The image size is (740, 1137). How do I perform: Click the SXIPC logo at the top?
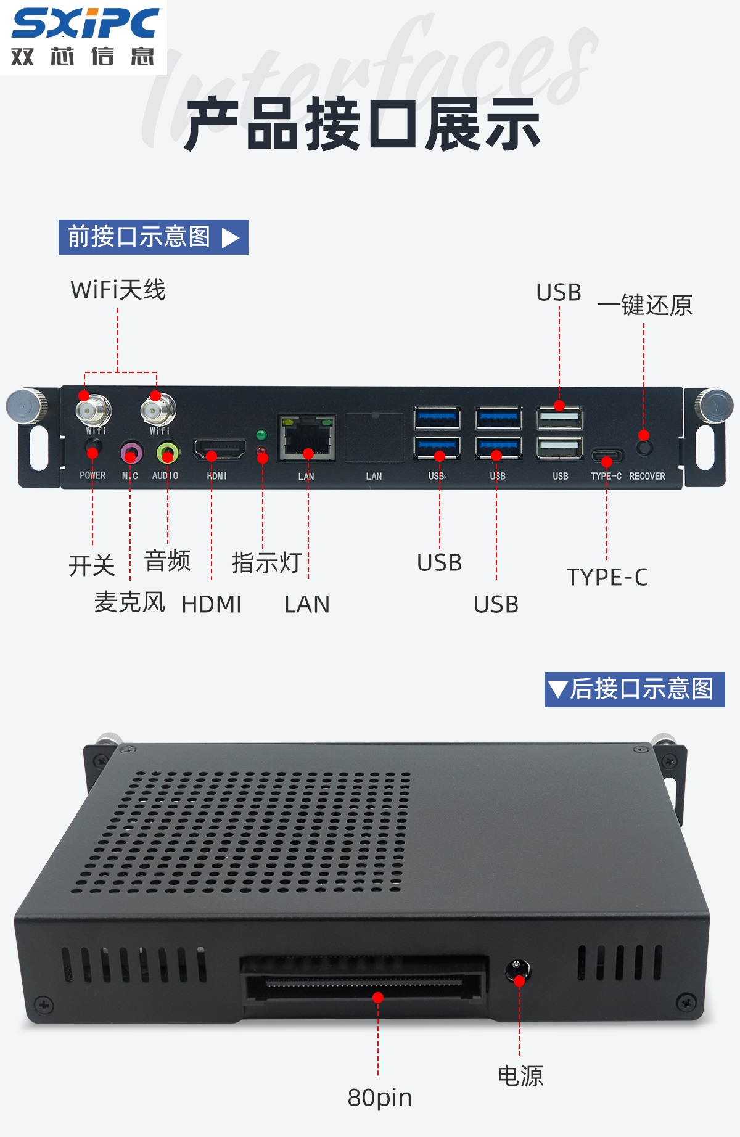pos(85,36)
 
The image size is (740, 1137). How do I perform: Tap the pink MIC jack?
pos(131,453)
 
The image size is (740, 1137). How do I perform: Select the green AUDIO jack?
pos(167,453)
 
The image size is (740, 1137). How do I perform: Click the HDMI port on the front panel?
pos(220,449)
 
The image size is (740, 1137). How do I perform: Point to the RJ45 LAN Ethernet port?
pos(306,437)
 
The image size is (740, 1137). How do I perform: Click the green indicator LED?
pos(261,435)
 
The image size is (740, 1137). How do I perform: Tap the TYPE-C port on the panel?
pos(607,456)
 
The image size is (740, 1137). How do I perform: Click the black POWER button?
pos(93,447)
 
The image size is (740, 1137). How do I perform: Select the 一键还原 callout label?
pos(644,305)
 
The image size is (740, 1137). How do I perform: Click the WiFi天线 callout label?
pos(118,290)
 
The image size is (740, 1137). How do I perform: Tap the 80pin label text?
pos(380,1098)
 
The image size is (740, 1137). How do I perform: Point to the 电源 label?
pos(520,1076)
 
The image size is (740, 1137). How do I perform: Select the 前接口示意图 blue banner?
pos(154,237)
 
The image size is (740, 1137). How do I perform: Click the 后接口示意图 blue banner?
pos(635,689)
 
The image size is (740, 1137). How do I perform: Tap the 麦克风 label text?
pos(130,602)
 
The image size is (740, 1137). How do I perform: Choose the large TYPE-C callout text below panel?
pos(607,577)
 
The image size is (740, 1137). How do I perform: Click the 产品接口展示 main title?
pos(363,125)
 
